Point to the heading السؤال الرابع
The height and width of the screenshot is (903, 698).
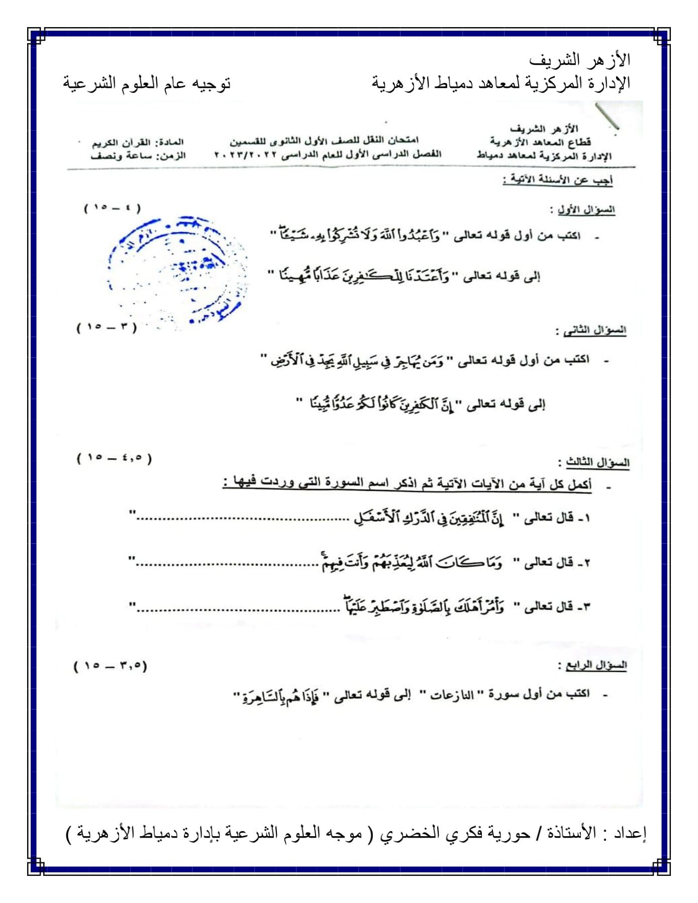tap(596, 665)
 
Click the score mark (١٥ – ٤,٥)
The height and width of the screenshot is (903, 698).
tap(114, 458)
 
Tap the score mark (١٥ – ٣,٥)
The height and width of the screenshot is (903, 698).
tap(111, 666)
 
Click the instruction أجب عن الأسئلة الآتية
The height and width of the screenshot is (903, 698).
tap(558, 180)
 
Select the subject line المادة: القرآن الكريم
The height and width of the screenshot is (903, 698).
tap(138, 143)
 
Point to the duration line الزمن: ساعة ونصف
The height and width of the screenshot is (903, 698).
tap(138, 156)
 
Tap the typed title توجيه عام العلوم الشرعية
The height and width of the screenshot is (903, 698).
tap(147, 83)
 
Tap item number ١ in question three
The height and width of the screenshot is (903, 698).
tap(586, 518)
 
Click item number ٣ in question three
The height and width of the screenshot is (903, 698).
tap(586, 608)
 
